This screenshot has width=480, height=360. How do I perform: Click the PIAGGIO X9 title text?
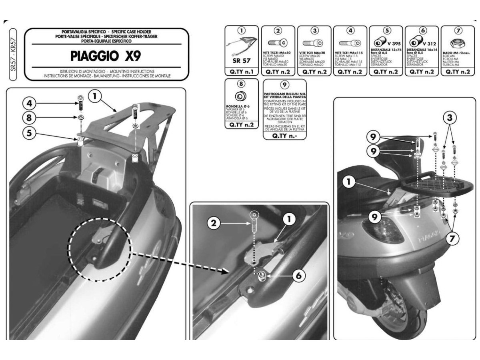coord(106,55)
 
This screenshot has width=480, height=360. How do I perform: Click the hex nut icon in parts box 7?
coord(455,43)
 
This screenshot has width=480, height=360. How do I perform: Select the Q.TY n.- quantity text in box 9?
coord(284,135)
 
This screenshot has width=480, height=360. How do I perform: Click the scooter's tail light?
coord(383,230)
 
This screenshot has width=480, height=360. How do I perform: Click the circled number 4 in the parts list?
coord(350,31)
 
